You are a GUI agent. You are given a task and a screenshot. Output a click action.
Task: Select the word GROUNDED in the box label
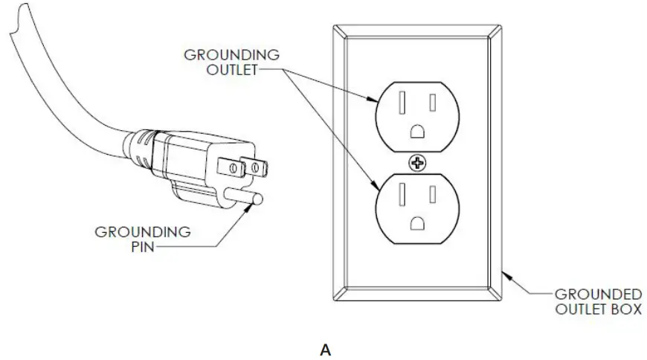(599, 293)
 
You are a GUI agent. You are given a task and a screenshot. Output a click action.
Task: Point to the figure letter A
(325, 350)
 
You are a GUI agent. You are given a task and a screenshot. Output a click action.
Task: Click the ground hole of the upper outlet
(419, 132)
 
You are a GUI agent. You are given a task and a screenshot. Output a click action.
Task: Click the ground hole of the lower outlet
(419, 222)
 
